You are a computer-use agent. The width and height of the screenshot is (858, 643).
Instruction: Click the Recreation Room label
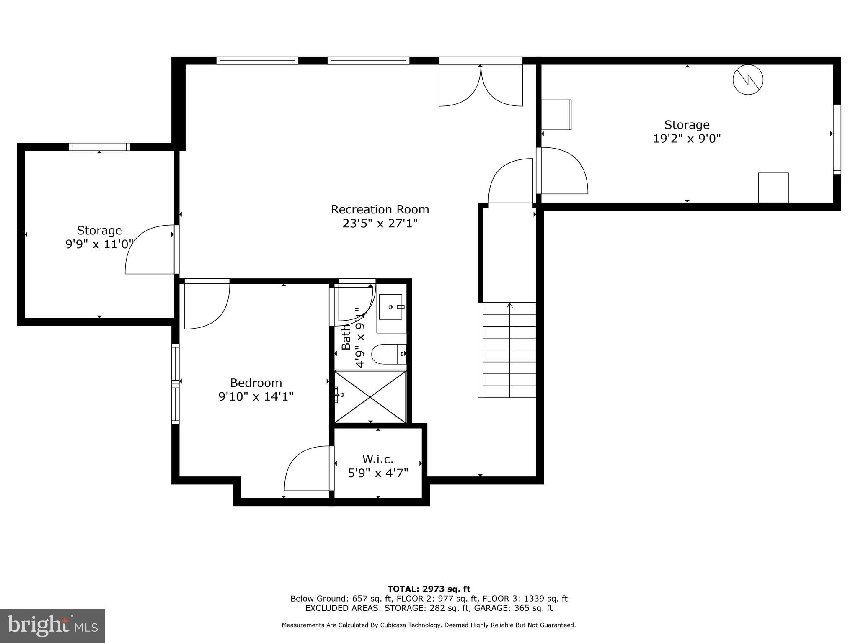tap(380, 209)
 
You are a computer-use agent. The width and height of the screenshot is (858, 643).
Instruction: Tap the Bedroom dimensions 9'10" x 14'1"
tap(256, 396)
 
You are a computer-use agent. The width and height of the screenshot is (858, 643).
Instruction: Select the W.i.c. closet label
tap(378, 459)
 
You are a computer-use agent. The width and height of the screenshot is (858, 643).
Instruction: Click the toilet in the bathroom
tap(389, 354)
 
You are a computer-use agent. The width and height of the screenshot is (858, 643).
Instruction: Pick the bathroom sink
tap(392, 307)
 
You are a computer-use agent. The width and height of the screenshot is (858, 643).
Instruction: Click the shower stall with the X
tap(370, 396)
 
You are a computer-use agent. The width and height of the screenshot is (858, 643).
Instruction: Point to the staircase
tap(509, 350)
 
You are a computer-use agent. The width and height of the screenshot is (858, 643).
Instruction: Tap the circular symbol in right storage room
tap(748, 80)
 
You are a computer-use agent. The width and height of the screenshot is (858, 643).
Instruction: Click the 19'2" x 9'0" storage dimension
tap(687, 139)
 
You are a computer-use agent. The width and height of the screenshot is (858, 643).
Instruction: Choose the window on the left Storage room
tap(99, 147)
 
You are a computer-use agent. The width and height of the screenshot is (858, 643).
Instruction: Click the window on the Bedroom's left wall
tap(175, 383)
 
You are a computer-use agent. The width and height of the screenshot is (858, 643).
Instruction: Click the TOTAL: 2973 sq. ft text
tap(429, 589)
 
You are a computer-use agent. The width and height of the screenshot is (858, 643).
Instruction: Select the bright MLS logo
tap(52, 625)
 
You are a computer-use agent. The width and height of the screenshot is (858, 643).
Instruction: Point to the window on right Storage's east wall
tap(836, 139)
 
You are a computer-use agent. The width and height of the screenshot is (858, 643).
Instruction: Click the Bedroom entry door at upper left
tap(206, 305)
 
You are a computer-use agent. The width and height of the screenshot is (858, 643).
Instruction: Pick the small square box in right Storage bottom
tap(773, 188)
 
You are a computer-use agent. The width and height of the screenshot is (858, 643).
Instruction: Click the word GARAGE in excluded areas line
tap(491, 608)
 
